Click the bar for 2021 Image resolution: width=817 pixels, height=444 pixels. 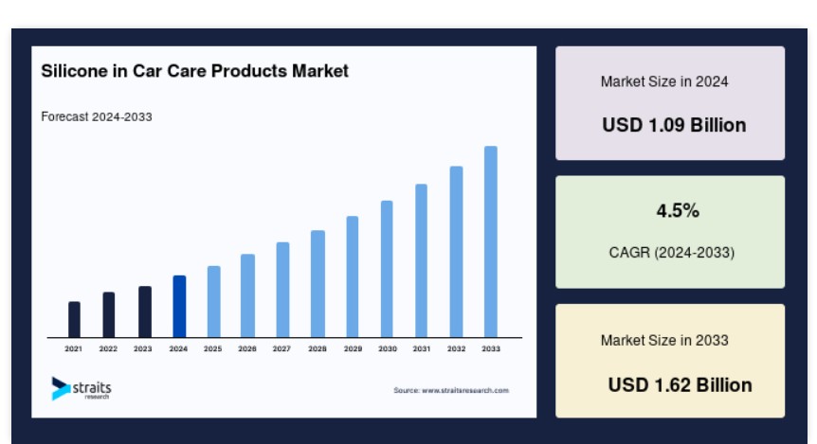[x=74, y=320]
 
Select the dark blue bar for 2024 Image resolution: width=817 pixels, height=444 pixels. [x=179, y=307]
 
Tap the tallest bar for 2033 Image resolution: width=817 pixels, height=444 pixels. [x=490, y=242]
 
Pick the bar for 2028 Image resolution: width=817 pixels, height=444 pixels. [x=318, y=284]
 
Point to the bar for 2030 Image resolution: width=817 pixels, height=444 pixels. [x=387, y=269]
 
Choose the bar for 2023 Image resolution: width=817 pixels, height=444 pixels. [x=145, y=311]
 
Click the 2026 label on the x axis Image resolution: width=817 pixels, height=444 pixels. [x=247, y=348]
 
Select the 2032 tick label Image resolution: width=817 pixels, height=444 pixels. [x=456, y=348]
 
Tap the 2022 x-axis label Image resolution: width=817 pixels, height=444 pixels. [x=108, y=348]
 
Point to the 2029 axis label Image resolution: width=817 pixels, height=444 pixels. [x=353, y=348]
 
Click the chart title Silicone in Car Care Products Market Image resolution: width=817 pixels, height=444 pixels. [x=195, y=71]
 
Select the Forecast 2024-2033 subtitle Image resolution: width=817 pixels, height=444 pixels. [x=97, y=116]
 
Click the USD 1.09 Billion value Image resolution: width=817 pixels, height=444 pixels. [x=674, y=125]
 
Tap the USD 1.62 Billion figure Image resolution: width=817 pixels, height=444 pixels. [x=680, y=385]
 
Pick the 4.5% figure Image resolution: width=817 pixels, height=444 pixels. [x=678, y=211]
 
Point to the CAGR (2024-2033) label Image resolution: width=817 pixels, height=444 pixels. [x=672, y=253]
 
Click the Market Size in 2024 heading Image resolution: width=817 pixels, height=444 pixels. [x=664, y=81]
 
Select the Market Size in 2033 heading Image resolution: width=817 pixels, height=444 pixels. [x=664, y=341]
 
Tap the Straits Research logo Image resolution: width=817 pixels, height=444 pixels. [x=82, y=389]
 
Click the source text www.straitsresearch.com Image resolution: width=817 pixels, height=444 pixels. [x=465, y=390]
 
